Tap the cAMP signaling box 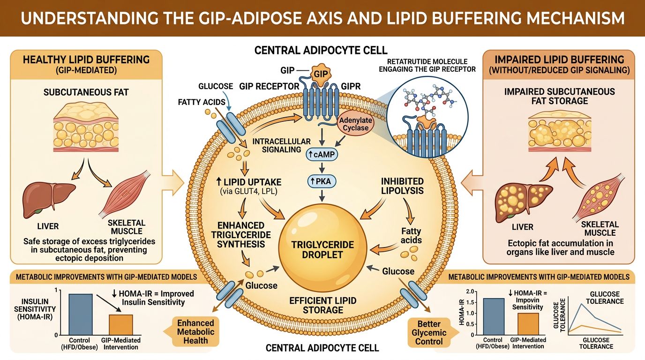[x=322, y=154]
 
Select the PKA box [x=322, y=181]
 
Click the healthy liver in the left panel [x=48, y=196]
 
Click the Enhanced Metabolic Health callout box [x=195, y=332]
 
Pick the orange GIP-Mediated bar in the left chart [x=121, y=324]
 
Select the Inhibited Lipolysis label [x=402, y=186]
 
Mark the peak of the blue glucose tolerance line [x=581, y=304]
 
